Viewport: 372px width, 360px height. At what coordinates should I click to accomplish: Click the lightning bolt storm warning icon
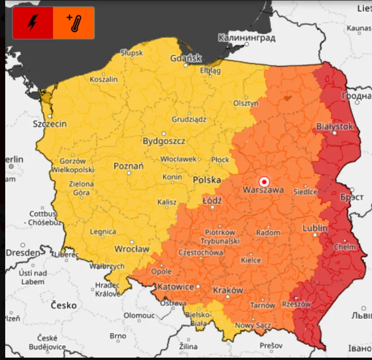pos(33,23)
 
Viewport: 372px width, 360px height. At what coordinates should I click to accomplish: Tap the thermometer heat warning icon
pos(74,23)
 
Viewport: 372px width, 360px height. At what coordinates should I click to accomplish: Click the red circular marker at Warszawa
pos(264,181)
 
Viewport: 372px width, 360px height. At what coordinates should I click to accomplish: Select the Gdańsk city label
pos(186,58)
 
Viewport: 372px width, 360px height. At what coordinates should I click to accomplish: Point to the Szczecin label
pos(50,124)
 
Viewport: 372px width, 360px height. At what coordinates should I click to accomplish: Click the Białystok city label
pos(335,126)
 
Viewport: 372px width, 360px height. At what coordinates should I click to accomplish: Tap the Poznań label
pos(129,166)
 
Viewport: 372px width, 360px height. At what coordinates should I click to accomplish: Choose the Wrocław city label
pos(132,249)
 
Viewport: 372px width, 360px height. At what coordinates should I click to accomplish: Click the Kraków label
pos(228,290)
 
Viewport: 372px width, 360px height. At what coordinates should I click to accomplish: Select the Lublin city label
pos(315,228)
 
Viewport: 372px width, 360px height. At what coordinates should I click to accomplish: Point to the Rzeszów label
pos(296,304)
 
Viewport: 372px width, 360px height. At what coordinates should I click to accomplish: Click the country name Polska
pos(207,180)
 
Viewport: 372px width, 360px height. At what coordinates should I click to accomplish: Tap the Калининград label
pos(247,37)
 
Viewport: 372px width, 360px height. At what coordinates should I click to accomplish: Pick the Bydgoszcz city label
pos(164,141)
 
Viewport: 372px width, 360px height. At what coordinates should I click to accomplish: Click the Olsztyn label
pos(246,103)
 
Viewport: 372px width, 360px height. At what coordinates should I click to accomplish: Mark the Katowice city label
pos(176,287)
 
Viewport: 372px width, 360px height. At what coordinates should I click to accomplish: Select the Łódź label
pos(212,200)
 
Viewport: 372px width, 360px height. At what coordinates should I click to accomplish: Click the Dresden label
pos(23,253)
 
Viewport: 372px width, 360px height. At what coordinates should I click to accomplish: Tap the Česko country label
pos(64,305)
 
